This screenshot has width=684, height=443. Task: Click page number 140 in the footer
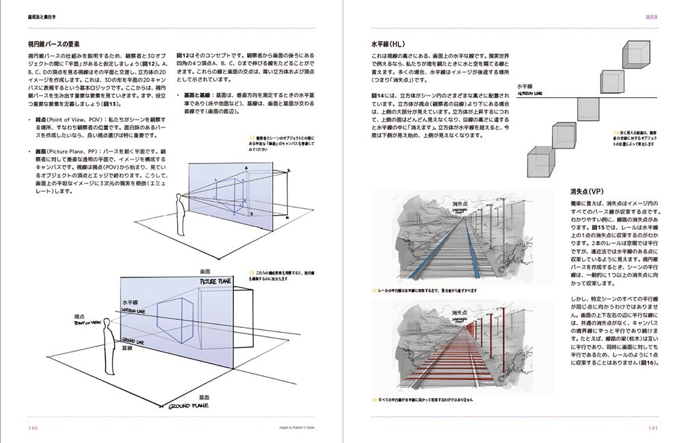[33, 428]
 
